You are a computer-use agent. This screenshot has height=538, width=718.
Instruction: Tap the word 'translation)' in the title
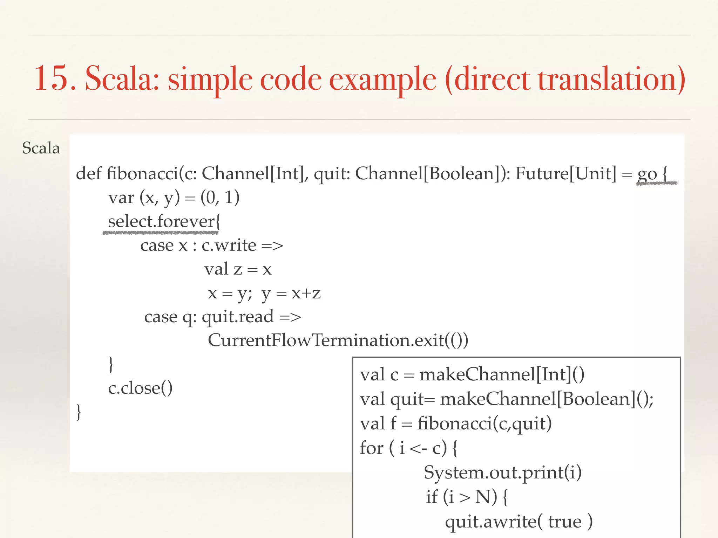[x=612, y=79]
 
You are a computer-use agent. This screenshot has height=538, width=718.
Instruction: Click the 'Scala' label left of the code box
[x=41, y=148]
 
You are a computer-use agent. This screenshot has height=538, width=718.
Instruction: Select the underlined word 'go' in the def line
[x=647, y=174]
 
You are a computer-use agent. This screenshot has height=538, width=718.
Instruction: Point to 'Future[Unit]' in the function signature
[x=565, y=173]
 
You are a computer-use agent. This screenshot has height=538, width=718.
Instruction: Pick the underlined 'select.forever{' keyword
[x=164, y=222]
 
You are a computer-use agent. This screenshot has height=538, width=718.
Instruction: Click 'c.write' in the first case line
[x=229, y=245]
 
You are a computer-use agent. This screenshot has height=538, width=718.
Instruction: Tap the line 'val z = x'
[x=238, y=269]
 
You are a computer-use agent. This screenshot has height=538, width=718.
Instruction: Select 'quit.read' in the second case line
[x=238, y=317]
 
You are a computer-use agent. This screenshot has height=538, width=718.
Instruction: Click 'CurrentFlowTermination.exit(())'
[x=338, y=340]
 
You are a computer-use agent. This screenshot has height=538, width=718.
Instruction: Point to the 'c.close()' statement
[x=140, y=388]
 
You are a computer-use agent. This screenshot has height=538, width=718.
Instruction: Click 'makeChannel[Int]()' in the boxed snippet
[x=502, y=375]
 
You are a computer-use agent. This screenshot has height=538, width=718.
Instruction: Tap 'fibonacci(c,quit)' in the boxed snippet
[x=485, y=424]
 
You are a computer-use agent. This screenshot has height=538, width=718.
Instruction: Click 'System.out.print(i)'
[x=503, y=473]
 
